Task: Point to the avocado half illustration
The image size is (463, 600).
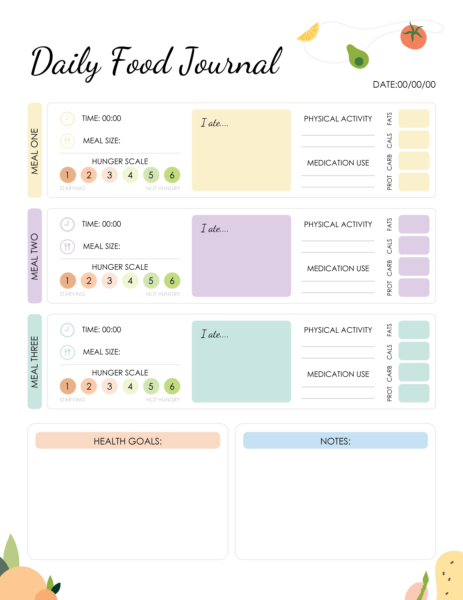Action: pos(358,57)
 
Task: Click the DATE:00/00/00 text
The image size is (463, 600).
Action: pos(404,85)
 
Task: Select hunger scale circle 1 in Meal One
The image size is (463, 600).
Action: pos(68,175)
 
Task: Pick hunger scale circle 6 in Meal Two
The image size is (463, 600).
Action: pos(172,281)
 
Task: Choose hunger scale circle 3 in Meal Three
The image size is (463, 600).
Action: pos(109,386)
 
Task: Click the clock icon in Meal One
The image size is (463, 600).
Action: pos(67,119)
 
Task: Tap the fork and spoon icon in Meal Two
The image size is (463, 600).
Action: pos(67,247)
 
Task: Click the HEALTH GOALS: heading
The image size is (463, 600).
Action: pos(128,441)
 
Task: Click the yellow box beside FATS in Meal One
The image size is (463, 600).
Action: pos(414,118)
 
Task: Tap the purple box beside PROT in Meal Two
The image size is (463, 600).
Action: pos(414,288)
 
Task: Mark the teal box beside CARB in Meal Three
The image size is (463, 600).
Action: pos(414,372)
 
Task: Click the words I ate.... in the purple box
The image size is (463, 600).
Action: pos(214,229)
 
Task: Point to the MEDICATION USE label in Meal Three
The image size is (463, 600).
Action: pos(338,374)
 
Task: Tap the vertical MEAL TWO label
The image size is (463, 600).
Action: pos(34,256)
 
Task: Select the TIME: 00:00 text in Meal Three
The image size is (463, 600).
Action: pos(101,330)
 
